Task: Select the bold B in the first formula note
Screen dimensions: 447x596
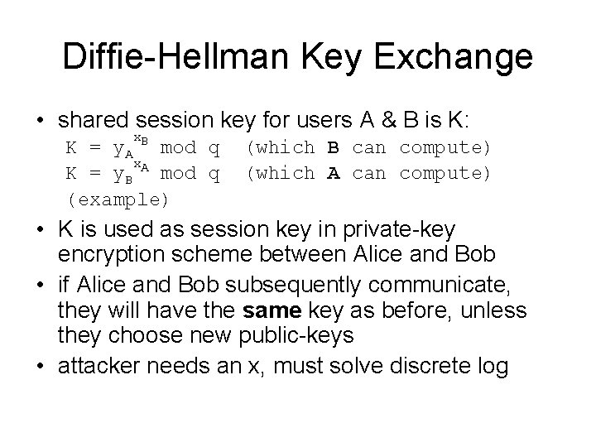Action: (334, 148)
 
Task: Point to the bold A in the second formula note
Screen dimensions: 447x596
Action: (334, 173)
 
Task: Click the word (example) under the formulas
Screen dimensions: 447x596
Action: (118, 199)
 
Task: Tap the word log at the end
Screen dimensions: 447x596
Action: (491, 365)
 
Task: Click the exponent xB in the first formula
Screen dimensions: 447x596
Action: (141, 138)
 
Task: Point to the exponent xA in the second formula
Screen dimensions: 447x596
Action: (141, 166)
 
